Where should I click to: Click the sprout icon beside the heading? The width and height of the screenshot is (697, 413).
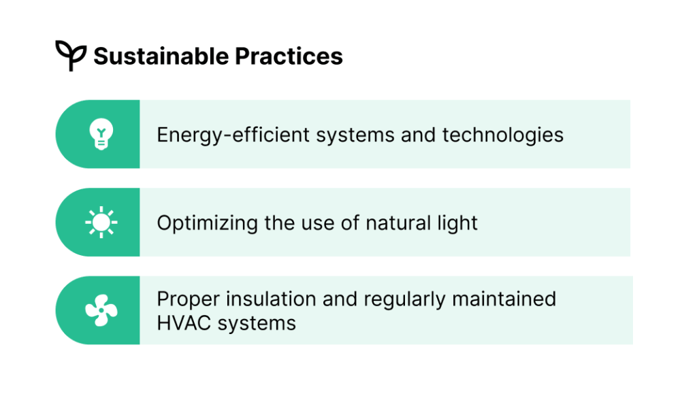point(71,55)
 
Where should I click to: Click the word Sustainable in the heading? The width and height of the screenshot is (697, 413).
point(161,56)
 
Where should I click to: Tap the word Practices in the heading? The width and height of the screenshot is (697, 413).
point(289,56)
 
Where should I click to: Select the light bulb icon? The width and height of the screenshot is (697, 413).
point(101,134)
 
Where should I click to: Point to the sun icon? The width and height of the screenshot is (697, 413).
point(101,222)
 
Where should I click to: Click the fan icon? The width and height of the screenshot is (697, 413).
point(101,310)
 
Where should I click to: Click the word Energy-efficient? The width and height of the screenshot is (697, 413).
point(233,135)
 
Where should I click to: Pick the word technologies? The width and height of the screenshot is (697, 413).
point(503,135)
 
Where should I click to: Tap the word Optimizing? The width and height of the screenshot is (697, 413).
point(207,223)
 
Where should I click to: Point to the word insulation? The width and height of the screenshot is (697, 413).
point(271,299)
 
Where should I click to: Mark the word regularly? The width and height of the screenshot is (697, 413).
point(404,299)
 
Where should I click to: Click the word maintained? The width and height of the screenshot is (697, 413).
point(504,299)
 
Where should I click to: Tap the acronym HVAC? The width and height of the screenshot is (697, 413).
point(184,323)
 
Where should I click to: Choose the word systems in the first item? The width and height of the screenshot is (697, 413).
point(355,135)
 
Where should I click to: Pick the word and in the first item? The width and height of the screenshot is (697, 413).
point(419,135)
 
